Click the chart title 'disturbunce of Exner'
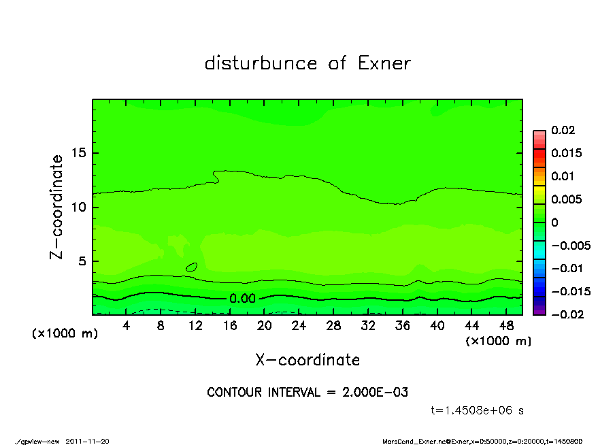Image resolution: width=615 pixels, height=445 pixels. (307, 64)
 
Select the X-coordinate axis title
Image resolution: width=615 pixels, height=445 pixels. (307, 360)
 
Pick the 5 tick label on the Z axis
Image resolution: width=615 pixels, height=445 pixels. (84, 261)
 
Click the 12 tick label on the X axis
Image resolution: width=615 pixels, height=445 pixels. (195, 326)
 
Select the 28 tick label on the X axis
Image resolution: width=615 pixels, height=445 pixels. (333, 326)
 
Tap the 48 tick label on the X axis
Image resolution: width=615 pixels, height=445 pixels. (506, 326)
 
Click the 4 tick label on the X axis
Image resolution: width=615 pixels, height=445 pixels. (127, 326)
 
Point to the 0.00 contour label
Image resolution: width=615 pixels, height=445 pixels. (242, 299)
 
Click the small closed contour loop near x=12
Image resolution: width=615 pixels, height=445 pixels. (192, 267)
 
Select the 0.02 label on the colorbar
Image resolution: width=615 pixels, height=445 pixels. (564, 130)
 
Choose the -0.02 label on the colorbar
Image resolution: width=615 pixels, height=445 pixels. (566, 314)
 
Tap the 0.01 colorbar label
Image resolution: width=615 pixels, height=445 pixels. (564, 176)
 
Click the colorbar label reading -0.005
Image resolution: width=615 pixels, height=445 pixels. (569, 245)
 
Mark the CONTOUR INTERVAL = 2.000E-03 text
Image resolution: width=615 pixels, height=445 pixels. (307, 393)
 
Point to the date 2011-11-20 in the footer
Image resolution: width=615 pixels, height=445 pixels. (87, 441)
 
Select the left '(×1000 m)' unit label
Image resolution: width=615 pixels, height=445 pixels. (63, 333)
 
